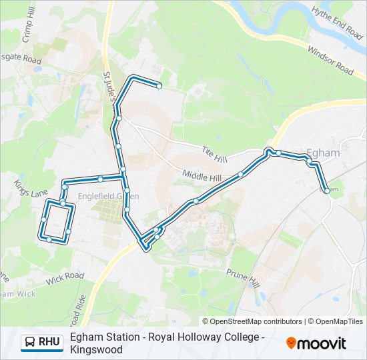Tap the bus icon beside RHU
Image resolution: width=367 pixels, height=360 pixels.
[30, 343]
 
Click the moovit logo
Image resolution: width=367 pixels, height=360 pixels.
[316, 343]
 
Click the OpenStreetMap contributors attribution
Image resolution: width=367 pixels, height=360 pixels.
[252, 321]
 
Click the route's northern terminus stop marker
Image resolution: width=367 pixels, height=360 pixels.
[159, 85]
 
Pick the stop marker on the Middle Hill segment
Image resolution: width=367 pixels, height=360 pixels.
[241, 175]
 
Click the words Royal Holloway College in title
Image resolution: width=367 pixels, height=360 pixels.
[206, 337]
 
